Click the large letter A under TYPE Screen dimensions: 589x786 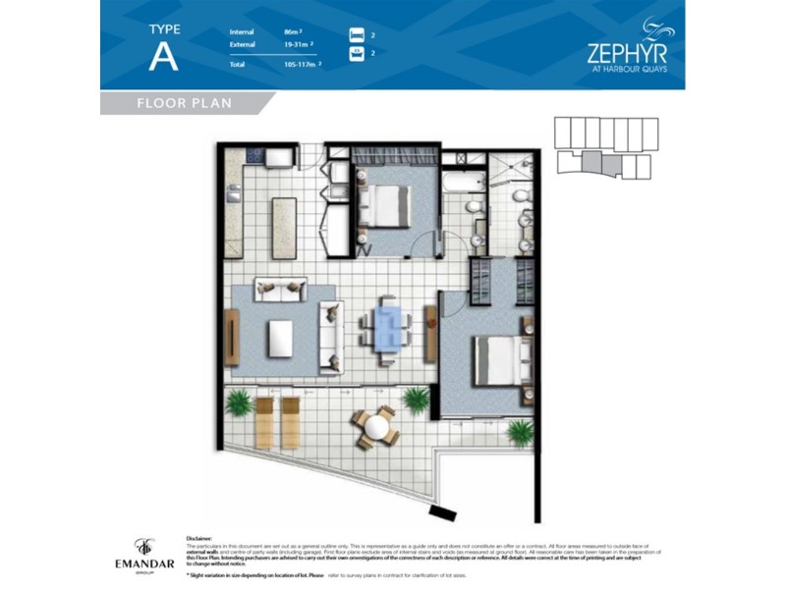163,56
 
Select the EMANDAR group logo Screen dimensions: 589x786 145,553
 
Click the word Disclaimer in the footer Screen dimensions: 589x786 199,539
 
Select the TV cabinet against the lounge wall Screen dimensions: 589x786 232,338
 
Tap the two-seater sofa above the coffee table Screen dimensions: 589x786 280,289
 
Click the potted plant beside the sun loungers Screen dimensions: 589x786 238,401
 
